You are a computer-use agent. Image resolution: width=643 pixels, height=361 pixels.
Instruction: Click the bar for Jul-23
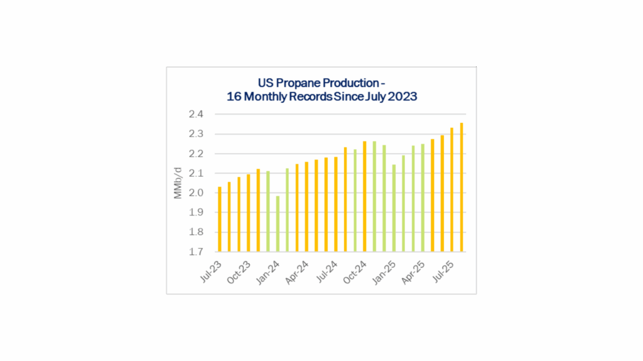(x=219, y=219)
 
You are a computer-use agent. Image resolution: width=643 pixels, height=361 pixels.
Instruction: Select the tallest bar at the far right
(x=462, y=187)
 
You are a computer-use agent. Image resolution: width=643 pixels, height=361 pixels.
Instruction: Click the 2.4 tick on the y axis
(x=195, y=115)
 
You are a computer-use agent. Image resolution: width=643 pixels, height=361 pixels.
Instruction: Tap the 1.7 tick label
(x=195, y=252)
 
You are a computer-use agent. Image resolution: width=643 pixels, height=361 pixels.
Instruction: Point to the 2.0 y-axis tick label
(x=195, y=193)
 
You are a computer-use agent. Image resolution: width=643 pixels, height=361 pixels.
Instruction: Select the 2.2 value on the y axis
(x=195, y=154)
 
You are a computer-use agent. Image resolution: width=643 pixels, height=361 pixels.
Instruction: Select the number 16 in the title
(x=232, y=97)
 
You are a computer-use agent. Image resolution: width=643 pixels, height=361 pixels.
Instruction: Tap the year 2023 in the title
(x=400, y=97)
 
